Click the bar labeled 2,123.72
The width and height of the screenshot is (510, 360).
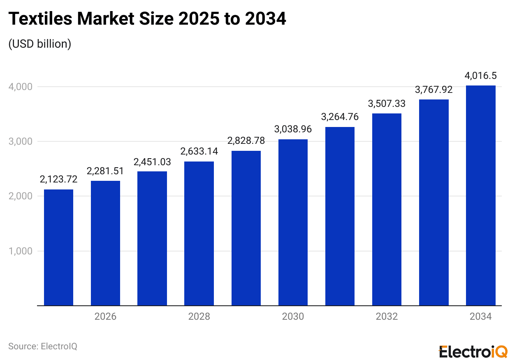(58, 247)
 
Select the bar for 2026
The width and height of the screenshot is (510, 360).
(105, 243)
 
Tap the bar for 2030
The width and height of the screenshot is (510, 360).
(293, 222)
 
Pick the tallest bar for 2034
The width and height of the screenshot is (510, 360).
(480, 196)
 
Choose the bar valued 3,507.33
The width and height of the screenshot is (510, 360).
(387, 210)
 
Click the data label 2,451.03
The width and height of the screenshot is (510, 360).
(152, 162)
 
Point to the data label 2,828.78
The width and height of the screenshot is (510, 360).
(246, 141)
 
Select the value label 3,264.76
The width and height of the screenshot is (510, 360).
(340, 117)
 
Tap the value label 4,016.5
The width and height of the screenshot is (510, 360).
(480, 76)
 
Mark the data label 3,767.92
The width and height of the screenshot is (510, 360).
(433, 90)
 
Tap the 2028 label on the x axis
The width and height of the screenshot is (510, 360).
(199, 316)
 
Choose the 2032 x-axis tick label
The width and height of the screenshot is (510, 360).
(387, 316)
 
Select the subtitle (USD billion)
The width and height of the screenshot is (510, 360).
(40, 44)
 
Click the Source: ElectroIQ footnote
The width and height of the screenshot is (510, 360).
(43, 346)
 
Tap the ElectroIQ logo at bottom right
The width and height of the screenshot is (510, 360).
(473, 351)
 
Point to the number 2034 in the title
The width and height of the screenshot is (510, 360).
(266, 19)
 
